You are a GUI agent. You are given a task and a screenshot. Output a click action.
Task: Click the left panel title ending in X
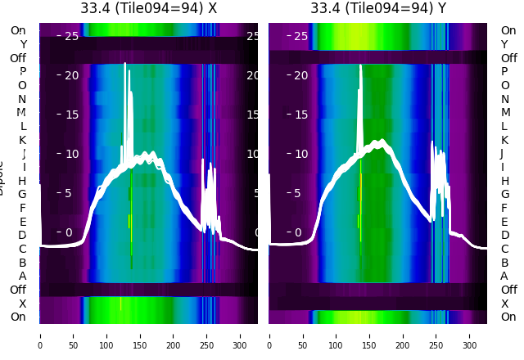click(x=148, y=8)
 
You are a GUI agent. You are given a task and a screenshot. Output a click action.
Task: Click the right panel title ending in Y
click(x=377, y=8)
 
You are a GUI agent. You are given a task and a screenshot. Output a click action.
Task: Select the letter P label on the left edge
click(x=23, y=71)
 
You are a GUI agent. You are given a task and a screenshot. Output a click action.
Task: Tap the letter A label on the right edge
click(x=504, y=276)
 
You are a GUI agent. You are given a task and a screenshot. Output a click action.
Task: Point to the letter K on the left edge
click(x=23, y=140)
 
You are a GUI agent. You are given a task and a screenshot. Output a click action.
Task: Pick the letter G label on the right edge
click(x=504, y=194)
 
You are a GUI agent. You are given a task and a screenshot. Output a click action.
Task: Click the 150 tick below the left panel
click(x=140, y=335)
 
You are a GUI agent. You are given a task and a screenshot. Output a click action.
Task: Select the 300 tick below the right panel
click(x=470, y=335)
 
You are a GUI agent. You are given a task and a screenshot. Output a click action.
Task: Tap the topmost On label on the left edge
click(x=18, y=30)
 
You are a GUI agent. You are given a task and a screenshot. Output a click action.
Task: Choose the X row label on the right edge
click(x=504, y=304)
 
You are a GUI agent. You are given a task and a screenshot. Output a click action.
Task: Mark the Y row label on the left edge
click(x=23, y=44)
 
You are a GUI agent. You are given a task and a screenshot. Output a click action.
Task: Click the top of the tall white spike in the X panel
click(x=124, y=64)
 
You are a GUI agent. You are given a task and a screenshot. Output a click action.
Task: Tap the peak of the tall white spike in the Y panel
click(x=360, y=65)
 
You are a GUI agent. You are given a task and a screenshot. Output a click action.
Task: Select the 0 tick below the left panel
click(x=40, y=335)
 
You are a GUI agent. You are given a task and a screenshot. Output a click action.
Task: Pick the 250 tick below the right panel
click(x=436, y=335)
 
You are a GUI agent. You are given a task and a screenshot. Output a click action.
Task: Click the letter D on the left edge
click(x=23, y=235)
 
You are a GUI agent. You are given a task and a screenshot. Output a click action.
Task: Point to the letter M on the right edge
click(x=504, y=112)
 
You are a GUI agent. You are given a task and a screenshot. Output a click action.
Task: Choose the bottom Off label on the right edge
click(x=508, y=290)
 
